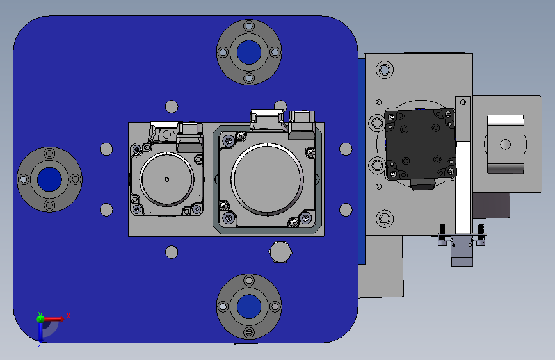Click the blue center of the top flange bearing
(x=249, y=52)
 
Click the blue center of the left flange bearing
(x=49, y=179)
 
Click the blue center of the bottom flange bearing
(x=249, y=306)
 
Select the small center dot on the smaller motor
(x=166, y=179)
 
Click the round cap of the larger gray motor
(x=267, y=179)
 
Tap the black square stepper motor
(x=421, y=145)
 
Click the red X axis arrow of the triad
(x=53, y=319)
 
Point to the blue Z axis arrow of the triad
(x=40, y=332)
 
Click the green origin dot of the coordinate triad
(x=40, y=319)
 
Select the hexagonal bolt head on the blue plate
(x=280, y=252)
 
